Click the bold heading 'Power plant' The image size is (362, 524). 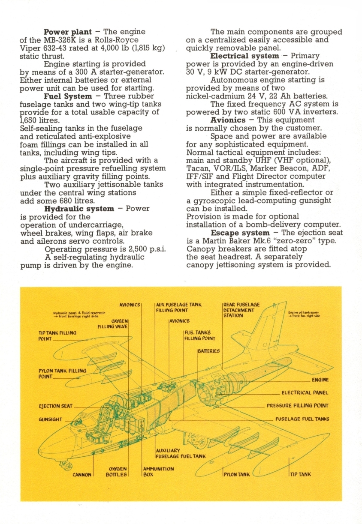(x=68, y=32)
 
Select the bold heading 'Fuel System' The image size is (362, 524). (x=68, y=96)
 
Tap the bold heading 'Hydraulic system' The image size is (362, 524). (x=79, y=209)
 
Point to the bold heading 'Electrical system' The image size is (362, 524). (x=244, y=56)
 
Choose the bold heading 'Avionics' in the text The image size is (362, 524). (x=229, y=120)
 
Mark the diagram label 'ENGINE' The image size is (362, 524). (x=320, y=380)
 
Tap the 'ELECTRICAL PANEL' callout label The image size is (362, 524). (x=305, y=392)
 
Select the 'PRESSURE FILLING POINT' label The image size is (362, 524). (x=297, y=406)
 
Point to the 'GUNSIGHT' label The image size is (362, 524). (x=51, y=419)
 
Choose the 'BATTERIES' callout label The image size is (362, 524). (x=209, y=351)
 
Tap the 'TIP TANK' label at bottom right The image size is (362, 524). (x=301, y=474)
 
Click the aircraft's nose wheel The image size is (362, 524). (x=65, y=464)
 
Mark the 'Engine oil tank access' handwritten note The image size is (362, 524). (x=305, y=315)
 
